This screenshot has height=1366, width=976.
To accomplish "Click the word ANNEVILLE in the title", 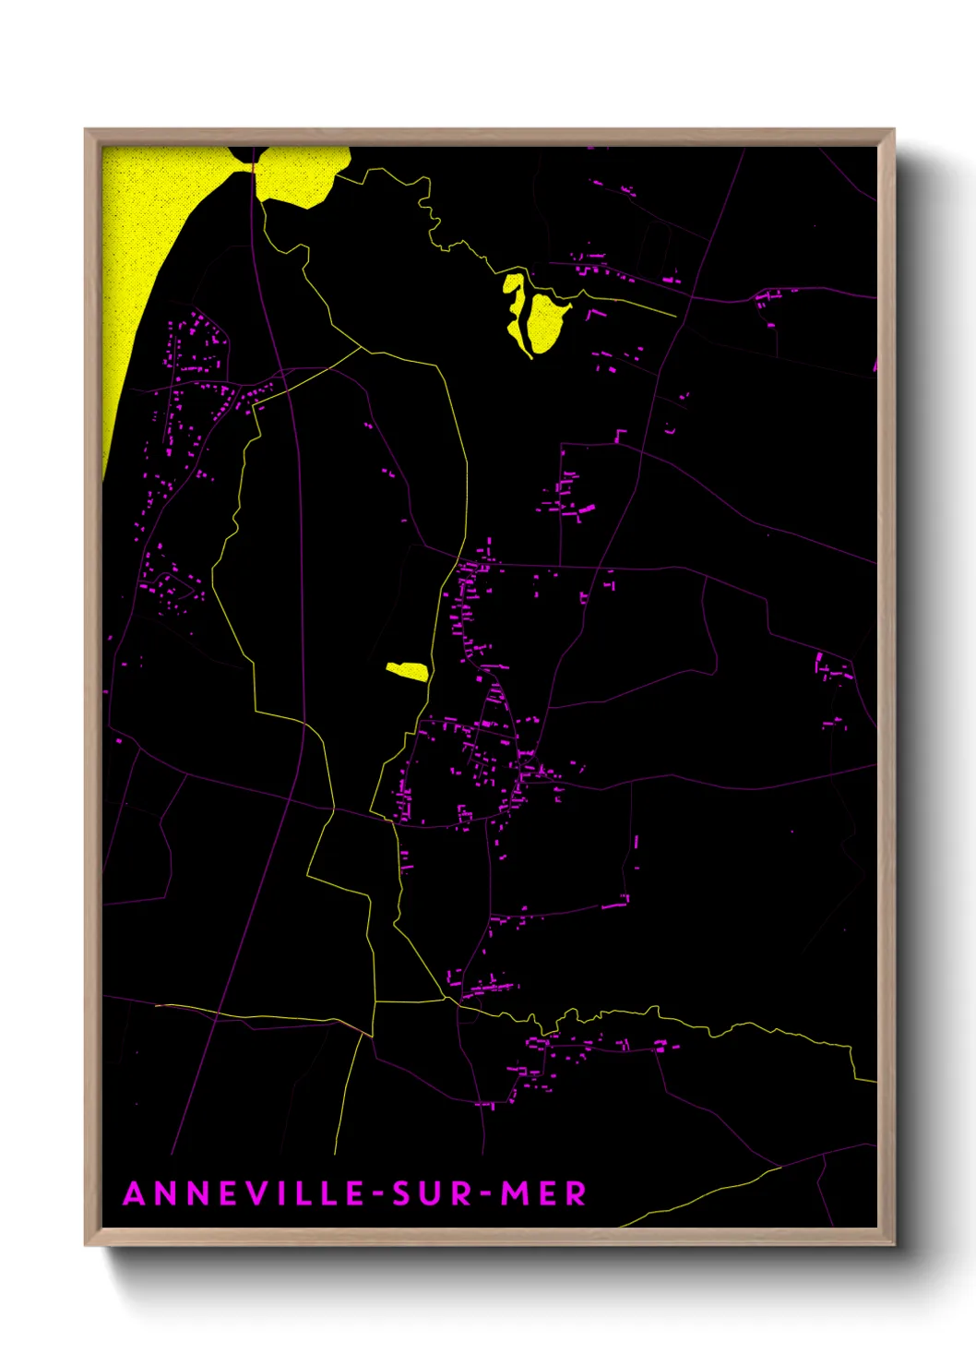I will click(244, 1193).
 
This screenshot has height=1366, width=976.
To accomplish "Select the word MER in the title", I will click(543, 1193).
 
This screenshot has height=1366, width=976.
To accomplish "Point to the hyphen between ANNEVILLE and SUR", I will click(378, 1194).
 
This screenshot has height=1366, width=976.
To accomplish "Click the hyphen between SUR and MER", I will click(486, 1194).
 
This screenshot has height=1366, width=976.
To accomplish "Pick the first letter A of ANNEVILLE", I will click(135, 1193).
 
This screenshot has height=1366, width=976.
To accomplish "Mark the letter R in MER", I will click(576, 1193).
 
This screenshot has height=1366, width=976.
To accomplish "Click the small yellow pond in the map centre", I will click(407, 670).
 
